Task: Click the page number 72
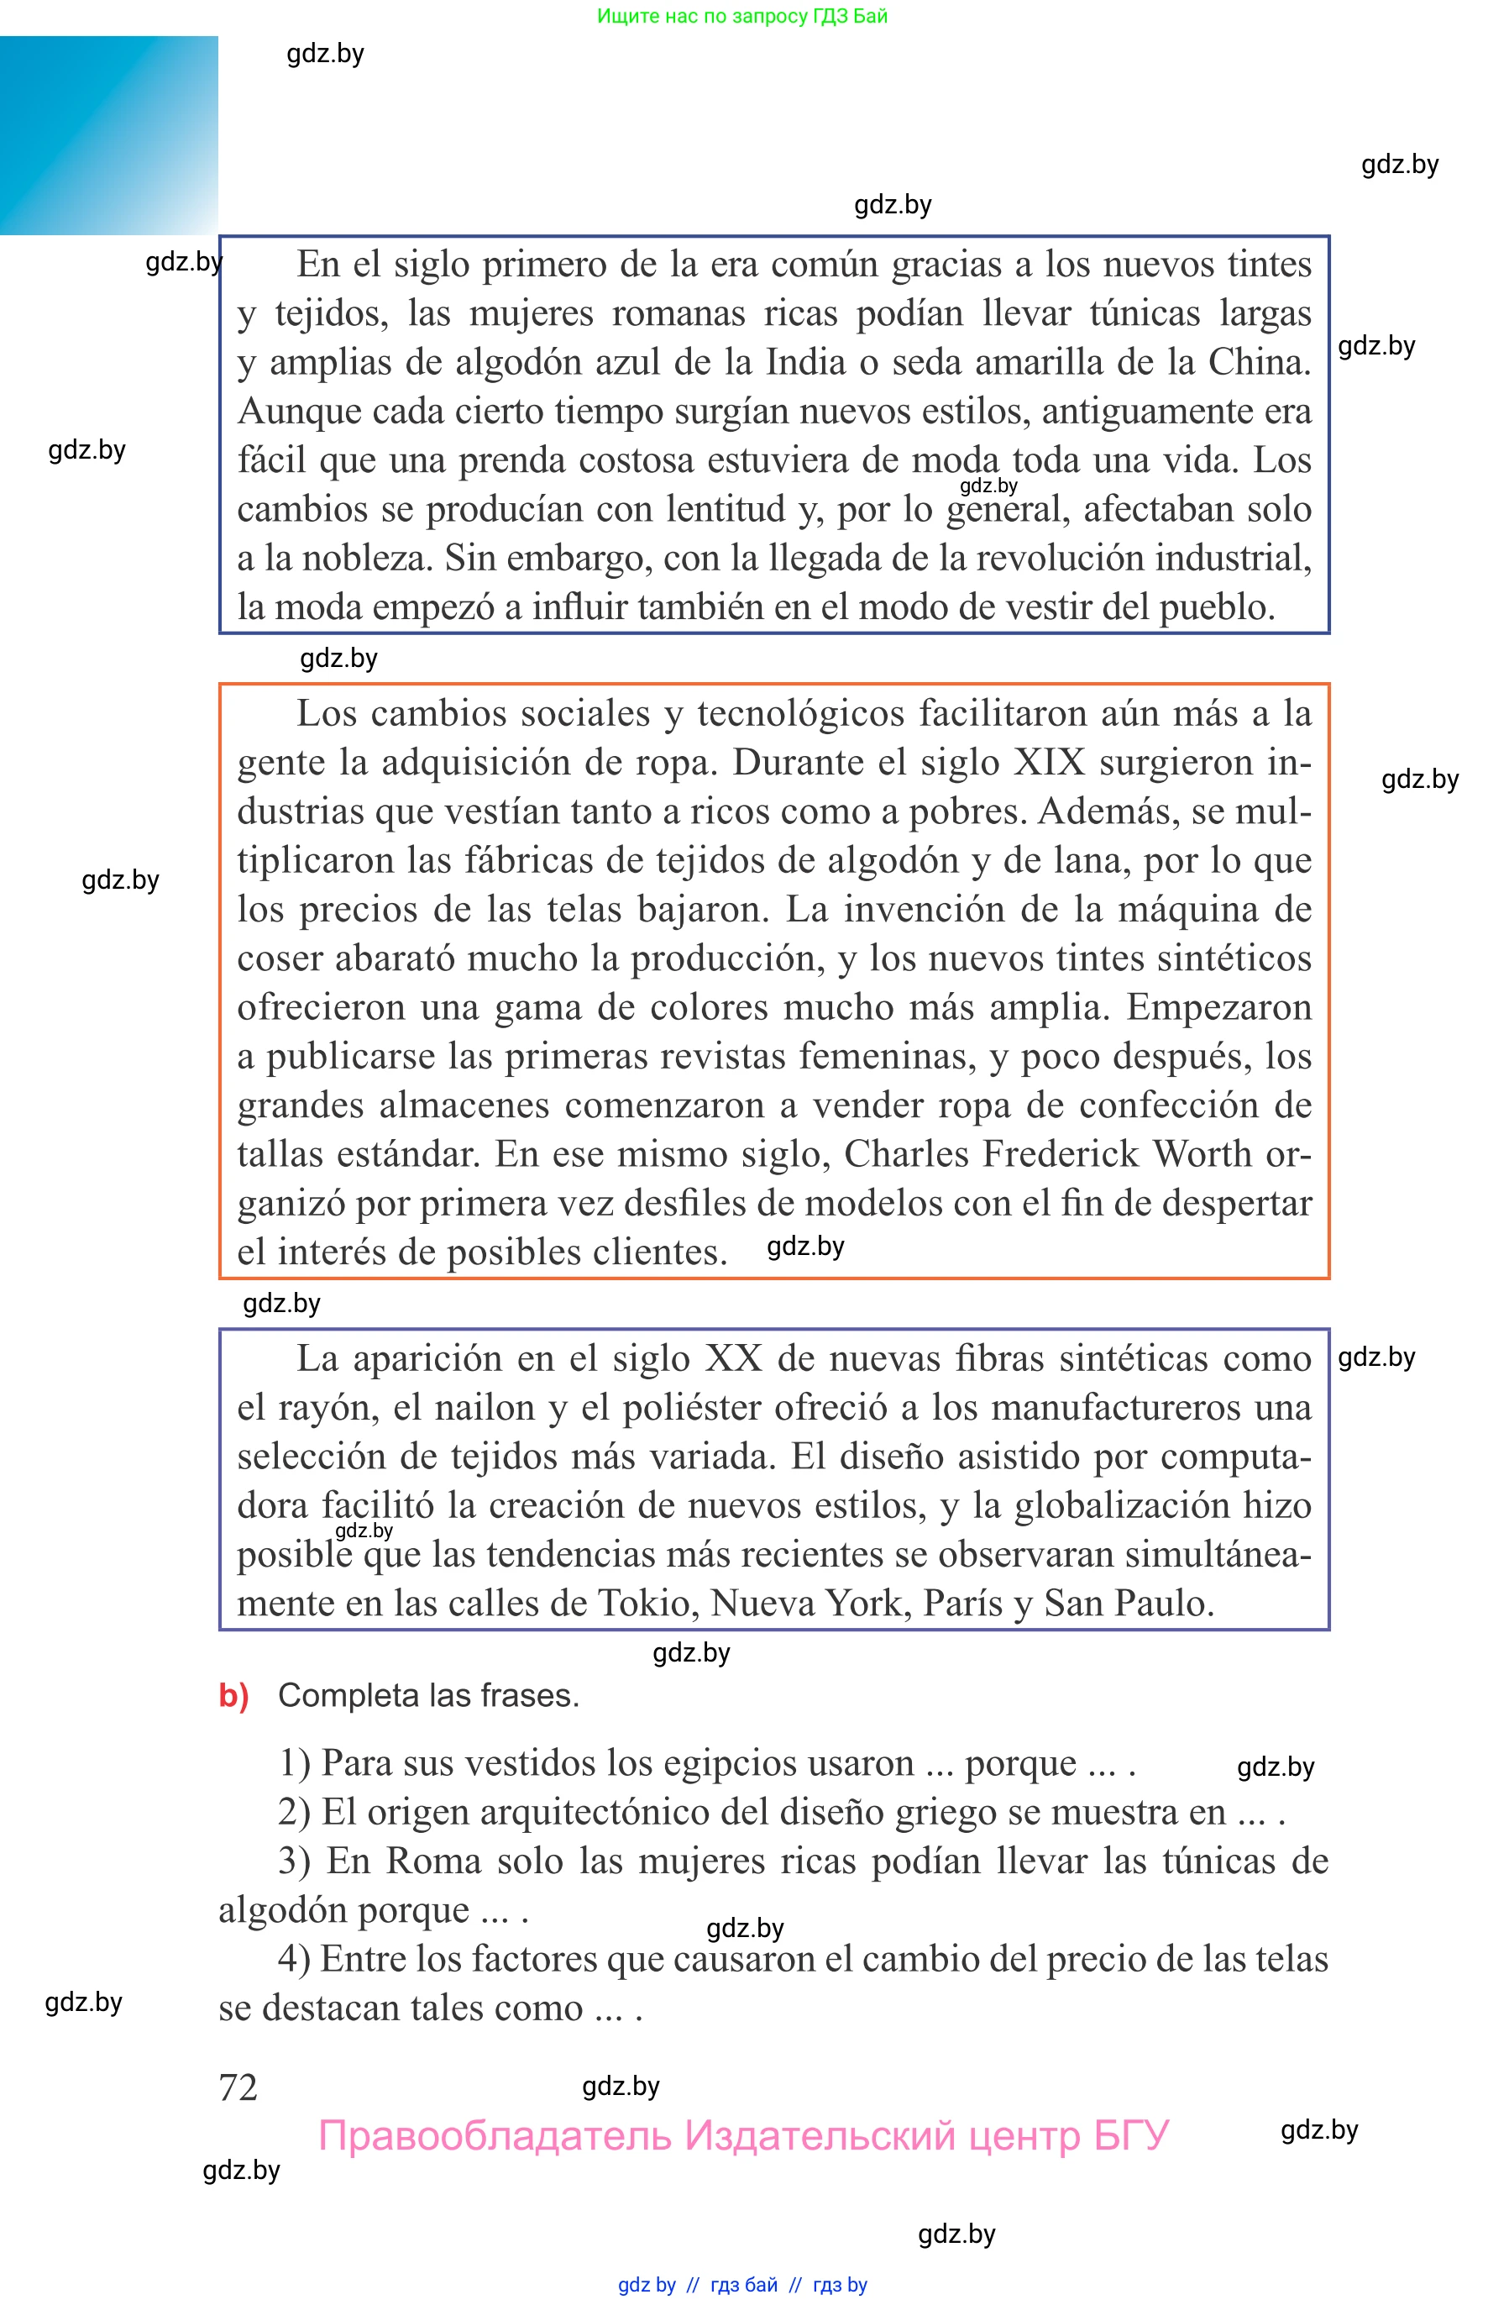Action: point(238,2087)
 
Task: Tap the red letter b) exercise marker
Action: point(233,1695)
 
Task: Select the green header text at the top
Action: point(742,15)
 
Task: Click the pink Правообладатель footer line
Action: point(744,2136)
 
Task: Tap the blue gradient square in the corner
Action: point(108,135)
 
